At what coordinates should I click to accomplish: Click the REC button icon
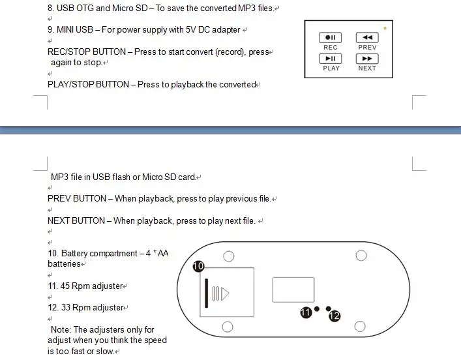point(330,37)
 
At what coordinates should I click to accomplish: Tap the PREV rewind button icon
point(367,37)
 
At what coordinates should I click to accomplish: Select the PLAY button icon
point(331,59)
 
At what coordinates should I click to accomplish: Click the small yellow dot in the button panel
point(385,28)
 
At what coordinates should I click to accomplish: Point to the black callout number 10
point(198,266)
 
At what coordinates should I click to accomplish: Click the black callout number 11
point(306,312)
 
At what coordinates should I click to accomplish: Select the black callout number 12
point(335,316)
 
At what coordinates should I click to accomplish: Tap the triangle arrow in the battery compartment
point(225,293)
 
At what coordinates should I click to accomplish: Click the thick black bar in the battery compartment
point(207,293)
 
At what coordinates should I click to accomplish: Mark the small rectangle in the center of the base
point(293,290)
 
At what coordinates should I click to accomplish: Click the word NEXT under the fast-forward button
point(367,68)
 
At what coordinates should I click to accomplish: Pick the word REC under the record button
point(331,48)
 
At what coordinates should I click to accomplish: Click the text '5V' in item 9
point(191,30)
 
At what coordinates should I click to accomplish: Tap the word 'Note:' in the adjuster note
point(61,329)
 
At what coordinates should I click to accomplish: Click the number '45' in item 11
point(65,286)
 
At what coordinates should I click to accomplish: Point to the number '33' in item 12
point(66,307)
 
